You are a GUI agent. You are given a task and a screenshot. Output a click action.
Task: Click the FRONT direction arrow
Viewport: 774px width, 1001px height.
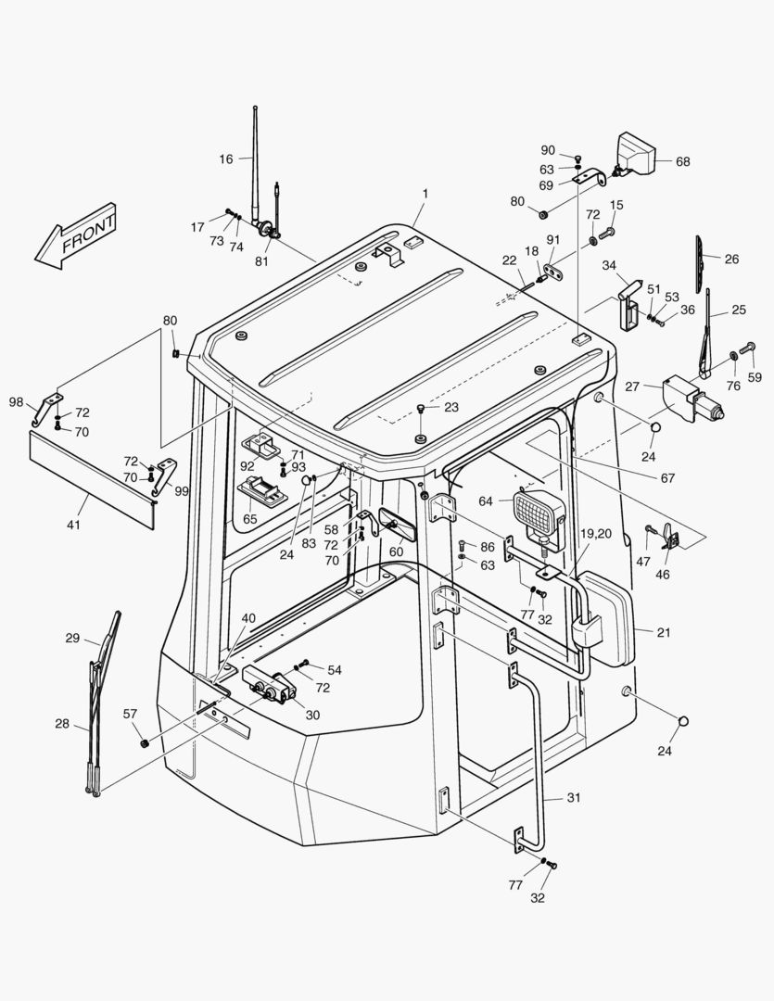tap(76, 237)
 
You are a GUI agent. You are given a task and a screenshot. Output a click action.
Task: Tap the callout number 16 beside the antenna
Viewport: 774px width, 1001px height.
tap(226, 159)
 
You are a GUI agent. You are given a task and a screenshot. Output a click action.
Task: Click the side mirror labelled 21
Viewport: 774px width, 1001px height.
tap(607, 618)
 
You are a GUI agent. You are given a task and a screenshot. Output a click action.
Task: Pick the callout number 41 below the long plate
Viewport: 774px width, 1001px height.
tap(73, 526)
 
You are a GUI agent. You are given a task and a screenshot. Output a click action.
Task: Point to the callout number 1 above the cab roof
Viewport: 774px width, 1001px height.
tap(425, 194)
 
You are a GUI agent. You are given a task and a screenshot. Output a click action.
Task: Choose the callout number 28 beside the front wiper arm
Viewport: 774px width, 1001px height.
tap(62, 723)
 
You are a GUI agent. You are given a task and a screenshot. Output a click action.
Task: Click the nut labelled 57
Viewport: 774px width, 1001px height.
tap(144, 742)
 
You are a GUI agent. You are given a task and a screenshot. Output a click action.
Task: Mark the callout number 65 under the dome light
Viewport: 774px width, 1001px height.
tap(250, 520)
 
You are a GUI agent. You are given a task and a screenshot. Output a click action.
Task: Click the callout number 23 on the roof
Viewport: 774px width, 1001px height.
tap(451, 406)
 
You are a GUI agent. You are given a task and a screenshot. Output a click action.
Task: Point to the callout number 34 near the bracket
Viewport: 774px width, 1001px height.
tap(609, 266)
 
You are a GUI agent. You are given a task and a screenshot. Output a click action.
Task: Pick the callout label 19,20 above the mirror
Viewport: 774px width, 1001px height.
tap(596, 534)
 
